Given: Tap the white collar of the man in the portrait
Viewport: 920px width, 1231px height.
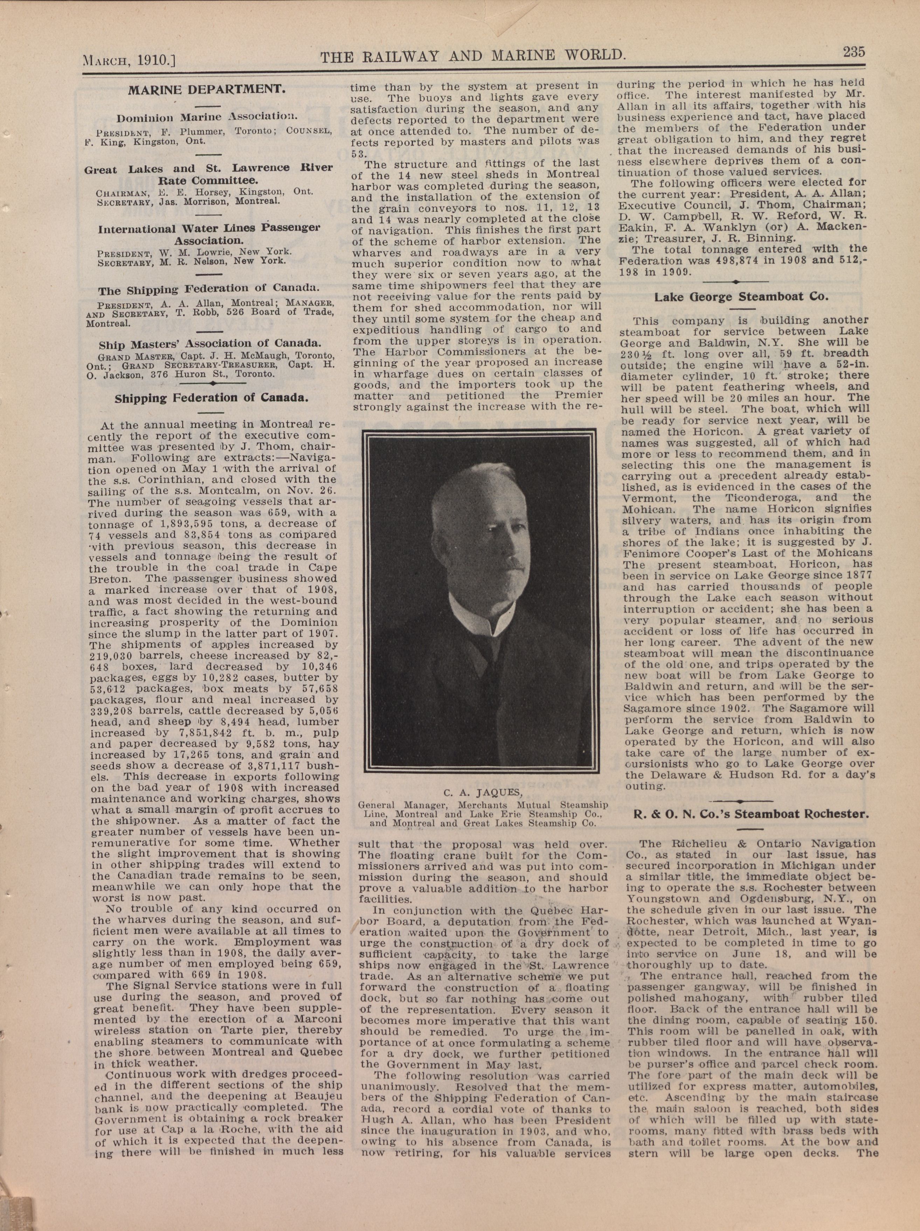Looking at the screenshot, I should coord(479,617).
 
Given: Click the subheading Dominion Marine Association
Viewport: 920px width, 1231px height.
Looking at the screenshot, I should coord(207,117).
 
